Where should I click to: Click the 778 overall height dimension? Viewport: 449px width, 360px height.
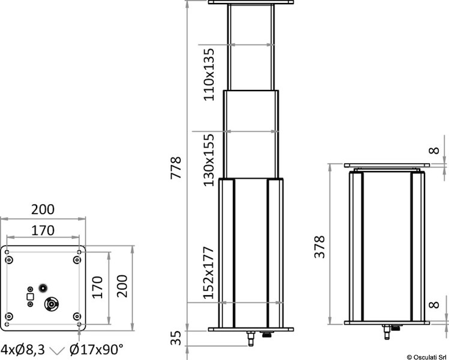(175, 168)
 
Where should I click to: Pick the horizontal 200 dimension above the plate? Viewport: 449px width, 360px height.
(43, 209)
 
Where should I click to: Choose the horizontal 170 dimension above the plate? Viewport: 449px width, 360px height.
(43, 230)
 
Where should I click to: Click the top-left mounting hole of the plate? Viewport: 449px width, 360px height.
(9, 259)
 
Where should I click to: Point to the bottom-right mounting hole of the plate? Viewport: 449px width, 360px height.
(76, 316)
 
